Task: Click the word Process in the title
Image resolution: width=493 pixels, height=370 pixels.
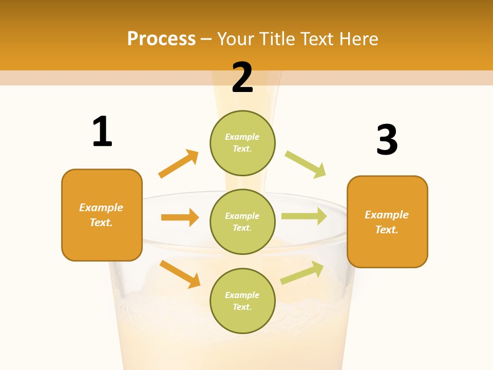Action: tap(161, 39)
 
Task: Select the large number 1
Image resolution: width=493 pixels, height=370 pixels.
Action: tap(102, 132)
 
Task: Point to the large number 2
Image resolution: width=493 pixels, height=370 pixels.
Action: tap(242, 78)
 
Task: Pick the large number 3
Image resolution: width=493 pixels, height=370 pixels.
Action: tap(387, 140)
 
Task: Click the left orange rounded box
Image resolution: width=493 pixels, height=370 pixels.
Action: tap(102, 215)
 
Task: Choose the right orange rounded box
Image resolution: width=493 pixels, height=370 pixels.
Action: tap(387, 222)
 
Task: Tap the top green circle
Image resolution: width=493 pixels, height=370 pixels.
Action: tap(242, 143)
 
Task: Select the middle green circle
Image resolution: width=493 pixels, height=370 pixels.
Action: tap(242, 221)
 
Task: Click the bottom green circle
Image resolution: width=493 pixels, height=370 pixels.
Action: tap(242, 301)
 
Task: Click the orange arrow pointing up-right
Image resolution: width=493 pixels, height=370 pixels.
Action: tap(179, 164)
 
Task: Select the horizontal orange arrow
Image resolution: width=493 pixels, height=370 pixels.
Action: tap(180, 217)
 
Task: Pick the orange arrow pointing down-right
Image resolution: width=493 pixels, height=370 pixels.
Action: tap(180, 274)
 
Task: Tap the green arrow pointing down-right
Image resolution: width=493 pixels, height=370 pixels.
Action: tap(306, 164)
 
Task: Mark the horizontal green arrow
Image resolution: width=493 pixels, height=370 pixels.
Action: tap(304, 216)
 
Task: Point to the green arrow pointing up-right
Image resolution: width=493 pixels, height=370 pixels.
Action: tap(302, 273)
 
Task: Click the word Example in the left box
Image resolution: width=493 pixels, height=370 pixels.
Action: tap(101, 208)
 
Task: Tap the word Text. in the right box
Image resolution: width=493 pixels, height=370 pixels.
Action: tap(387, 230)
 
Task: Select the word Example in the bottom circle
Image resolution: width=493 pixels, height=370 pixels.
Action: tap(242, 295)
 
